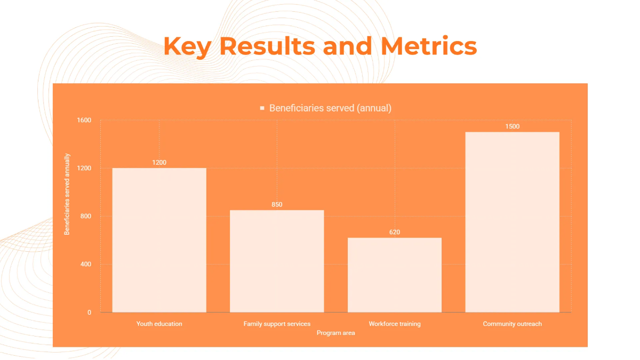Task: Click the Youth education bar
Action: (159, 240)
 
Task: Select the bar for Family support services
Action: (277, 261)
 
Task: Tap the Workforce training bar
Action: (395, 275)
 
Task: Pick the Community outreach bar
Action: (512, 222)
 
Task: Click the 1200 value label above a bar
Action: (159, 162)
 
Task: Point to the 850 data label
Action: (277, 204)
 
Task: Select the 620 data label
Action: (395, 232)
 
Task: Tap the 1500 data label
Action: (512, 126)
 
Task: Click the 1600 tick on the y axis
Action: (84, 121)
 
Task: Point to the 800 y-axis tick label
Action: (86, 217)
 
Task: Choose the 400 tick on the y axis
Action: (86, 265)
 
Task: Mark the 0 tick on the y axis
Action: (90, 313)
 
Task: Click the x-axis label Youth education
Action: (159, 324)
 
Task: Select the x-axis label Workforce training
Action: (395, 324)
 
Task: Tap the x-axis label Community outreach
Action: (512, 324)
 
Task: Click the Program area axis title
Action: (335, 333)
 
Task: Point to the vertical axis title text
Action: (67, 195)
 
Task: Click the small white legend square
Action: (262, 108)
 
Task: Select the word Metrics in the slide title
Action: (429, 46)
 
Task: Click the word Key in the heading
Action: (188, 46)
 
